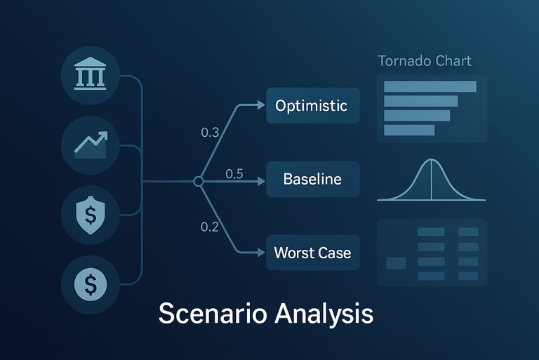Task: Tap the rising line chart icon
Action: coord(91,145)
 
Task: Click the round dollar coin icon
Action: coord(91,284)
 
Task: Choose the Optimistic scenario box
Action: coord(312,106)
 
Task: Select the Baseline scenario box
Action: coord(312,179)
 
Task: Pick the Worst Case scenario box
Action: coord(312,253)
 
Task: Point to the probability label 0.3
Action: coord(210,133)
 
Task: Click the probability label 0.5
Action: coord(234,174)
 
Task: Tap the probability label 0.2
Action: coord(210,227)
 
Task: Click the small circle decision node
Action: coord(199,181)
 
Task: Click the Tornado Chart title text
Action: coord(425,61)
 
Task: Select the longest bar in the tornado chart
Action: coord(430,86)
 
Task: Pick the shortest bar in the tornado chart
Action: coord(409,130)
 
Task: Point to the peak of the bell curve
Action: coord(431,163)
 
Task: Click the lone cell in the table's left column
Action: coord(396,263)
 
